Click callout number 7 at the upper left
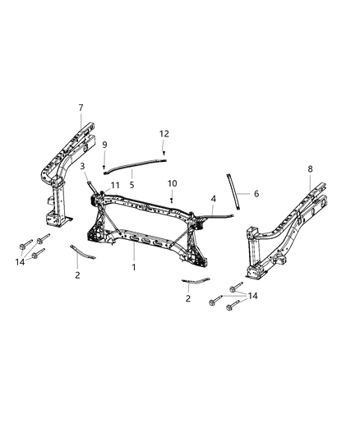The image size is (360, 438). point(81,108)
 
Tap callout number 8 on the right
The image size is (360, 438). point(309,168)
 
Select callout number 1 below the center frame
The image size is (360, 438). point(134,268)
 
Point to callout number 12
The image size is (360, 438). point(164,133)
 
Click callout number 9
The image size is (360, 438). point(104,145)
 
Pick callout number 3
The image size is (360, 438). point(83,166)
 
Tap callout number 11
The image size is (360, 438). point(116,186)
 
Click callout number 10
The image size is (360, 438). point(173,182)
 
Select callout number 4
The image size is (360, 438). point(213,199)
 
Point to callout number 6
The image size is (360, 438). point(256,194)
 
